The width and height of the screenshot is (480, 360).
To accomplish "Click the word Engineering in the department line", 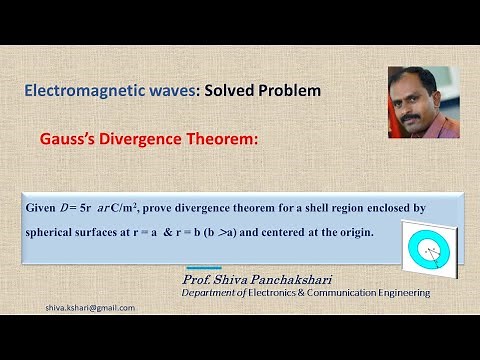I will coord(396,293).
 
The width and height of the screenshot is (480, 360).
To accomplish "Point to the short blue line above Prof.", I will coord(204,267).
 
